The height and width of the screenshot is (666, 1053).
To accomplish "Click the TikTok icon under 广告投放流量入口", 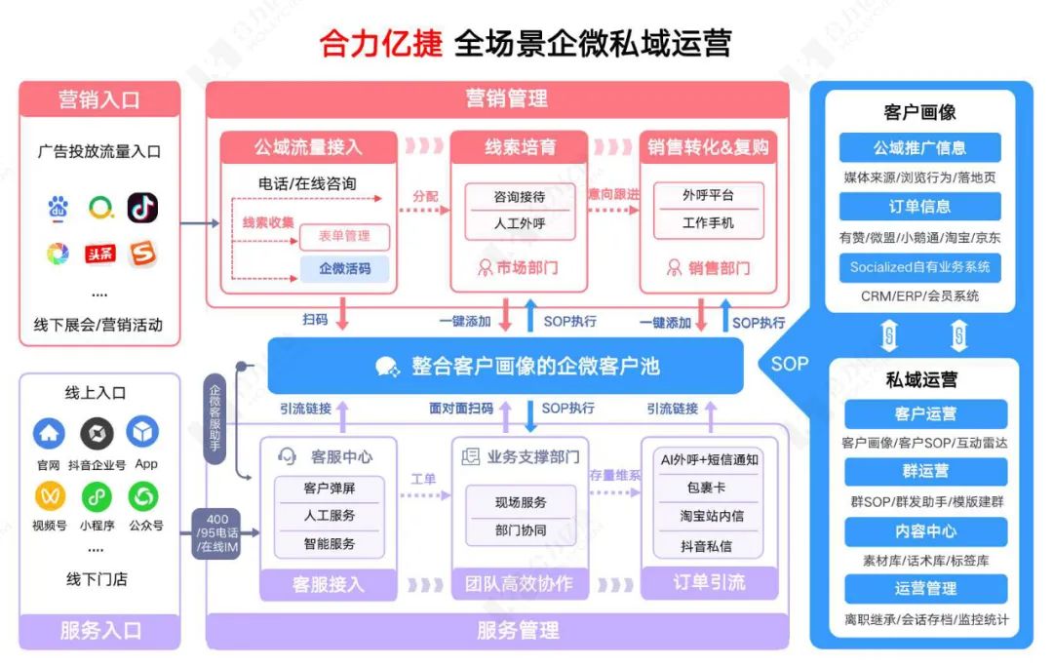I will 142,208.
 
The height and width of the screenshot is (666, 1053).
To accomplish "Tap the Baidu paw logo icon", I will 59,208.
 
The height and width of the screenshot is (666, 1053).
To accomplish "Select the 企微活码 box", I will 344,268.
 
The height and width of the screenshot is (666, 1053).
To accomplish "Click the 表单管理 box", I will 344,236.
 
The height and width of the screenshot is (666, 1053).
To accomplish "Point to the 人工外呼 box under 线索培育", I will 519,223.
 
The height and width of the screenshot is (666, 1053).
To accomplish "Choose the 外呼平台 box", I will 708,195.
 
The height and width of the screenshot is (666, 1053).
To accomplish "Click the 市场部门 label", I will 519,267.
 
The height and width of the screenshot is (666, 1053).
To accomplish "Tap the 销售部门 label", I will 708,267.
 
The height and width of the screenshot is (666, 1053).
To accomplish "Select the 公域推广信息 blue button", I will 919,148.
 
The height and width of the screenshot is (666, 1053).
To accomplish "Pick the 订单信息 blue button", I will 919,207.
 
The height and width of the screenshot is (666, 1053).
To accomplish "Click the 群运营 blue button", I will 925,472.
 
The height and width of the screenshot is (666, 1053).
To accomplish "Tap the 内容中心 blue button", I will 925,531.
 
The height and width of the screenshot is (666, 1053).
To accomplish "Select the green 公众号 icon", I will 143,495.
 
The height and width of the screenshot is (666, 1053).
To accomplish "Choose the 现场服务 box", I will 520,502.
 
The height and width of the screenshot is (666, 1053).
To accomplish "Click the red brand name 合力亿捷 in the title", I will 381,44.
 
